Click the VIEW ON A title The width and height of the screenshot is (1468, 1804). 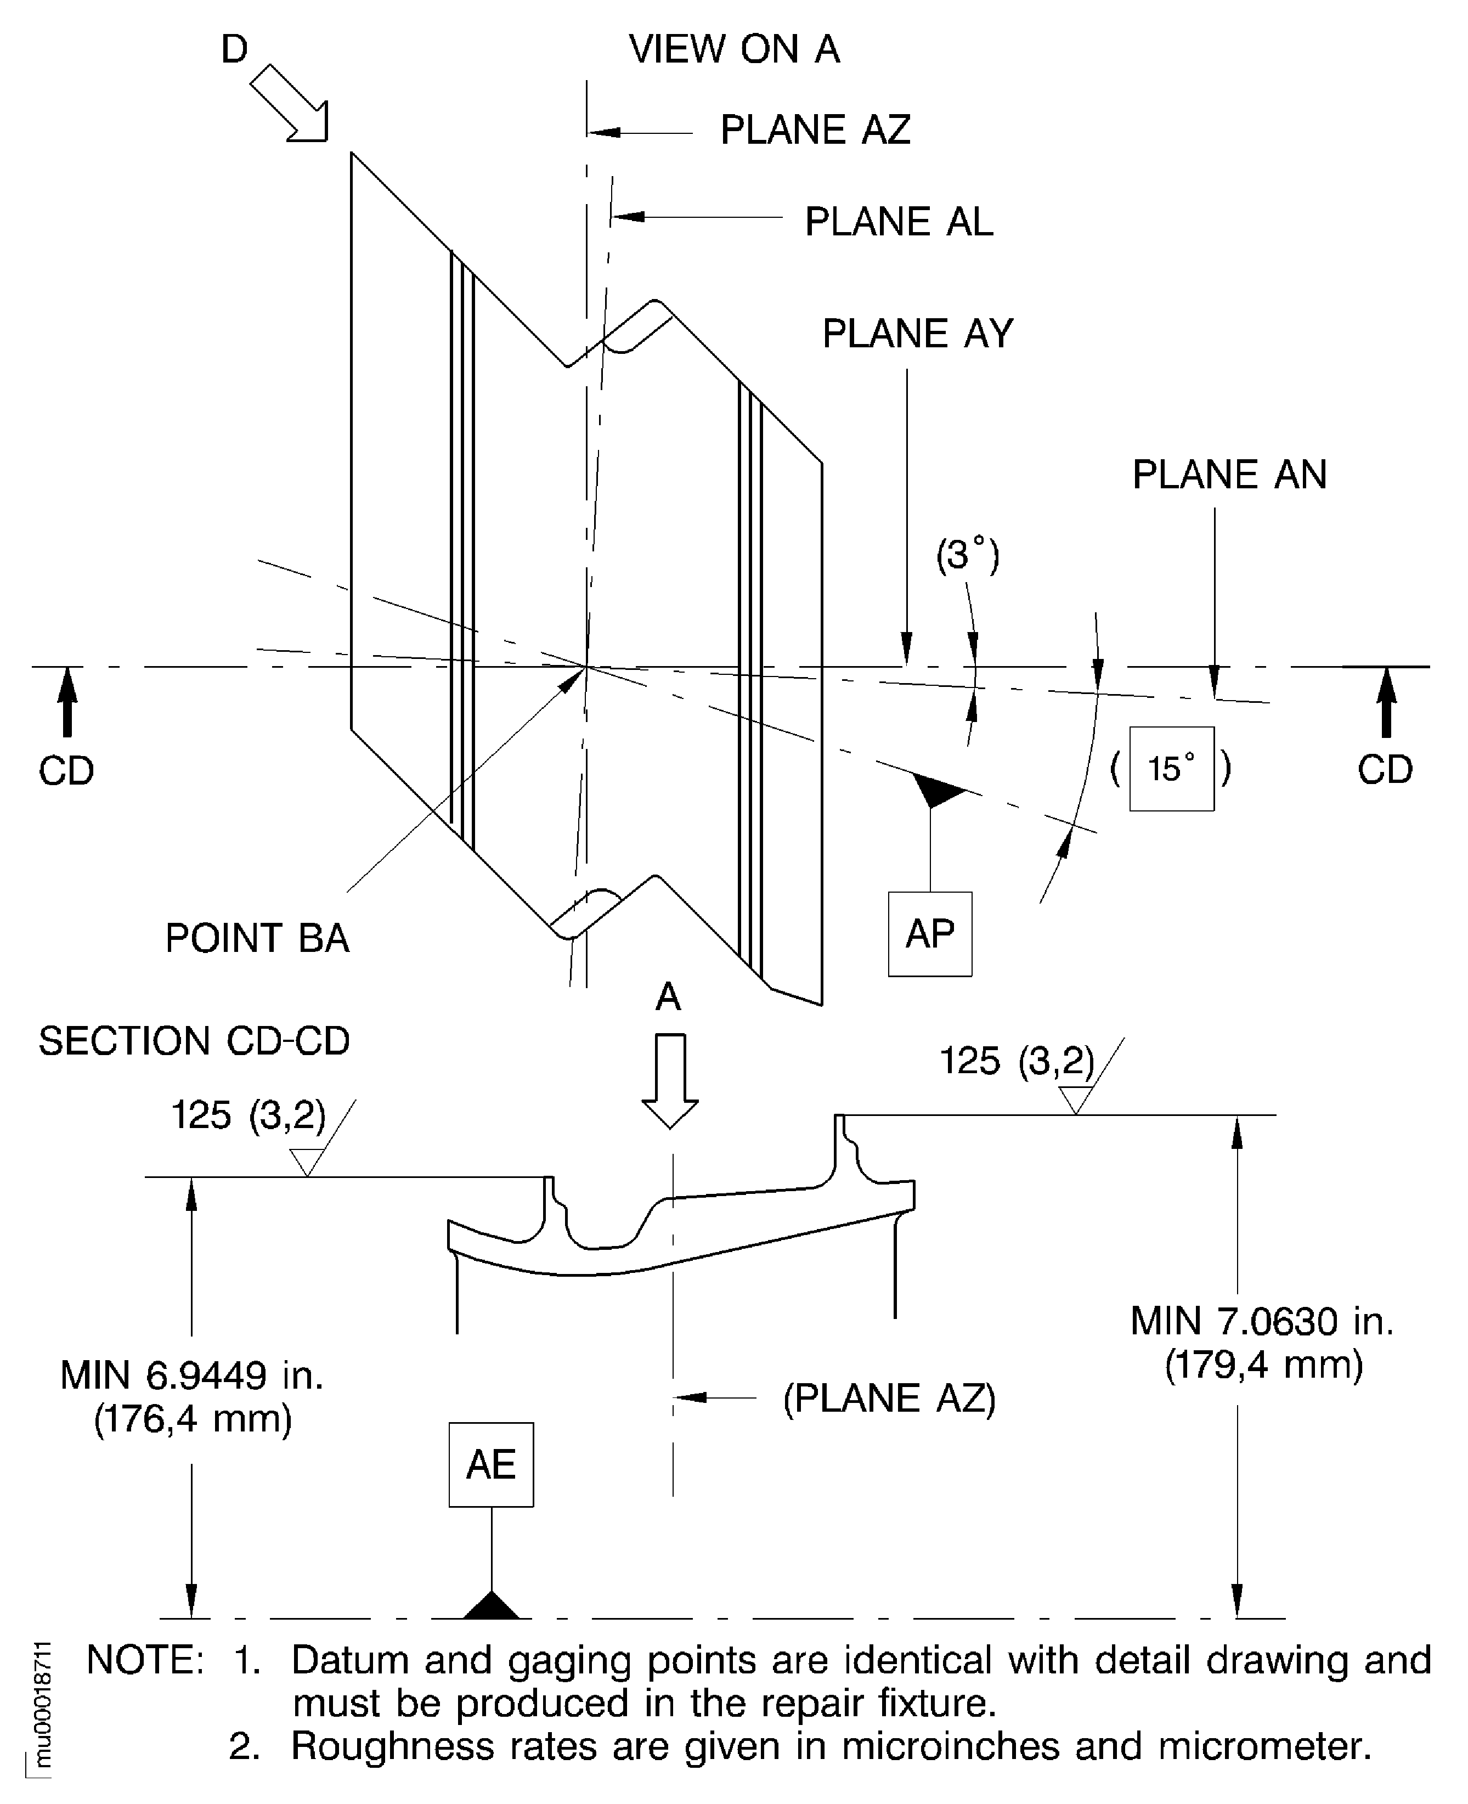734,49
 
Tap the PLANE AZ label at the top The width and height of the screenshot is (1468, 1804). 814,130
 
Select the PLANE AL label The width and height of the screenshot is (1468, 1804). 898,222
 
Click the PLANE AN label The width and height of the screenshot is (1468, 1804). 1229,475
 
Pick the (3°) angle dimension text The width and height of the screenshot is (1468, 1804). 967,555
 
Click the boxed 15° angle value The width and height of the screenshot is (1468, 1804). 1171,769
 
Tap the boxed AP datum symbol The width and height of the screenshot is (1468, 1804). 929,934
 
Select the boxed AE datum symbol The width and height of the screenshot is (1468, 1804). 490,1464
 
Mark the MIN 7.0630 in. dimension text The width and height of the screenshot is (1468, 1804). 1262,1321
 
